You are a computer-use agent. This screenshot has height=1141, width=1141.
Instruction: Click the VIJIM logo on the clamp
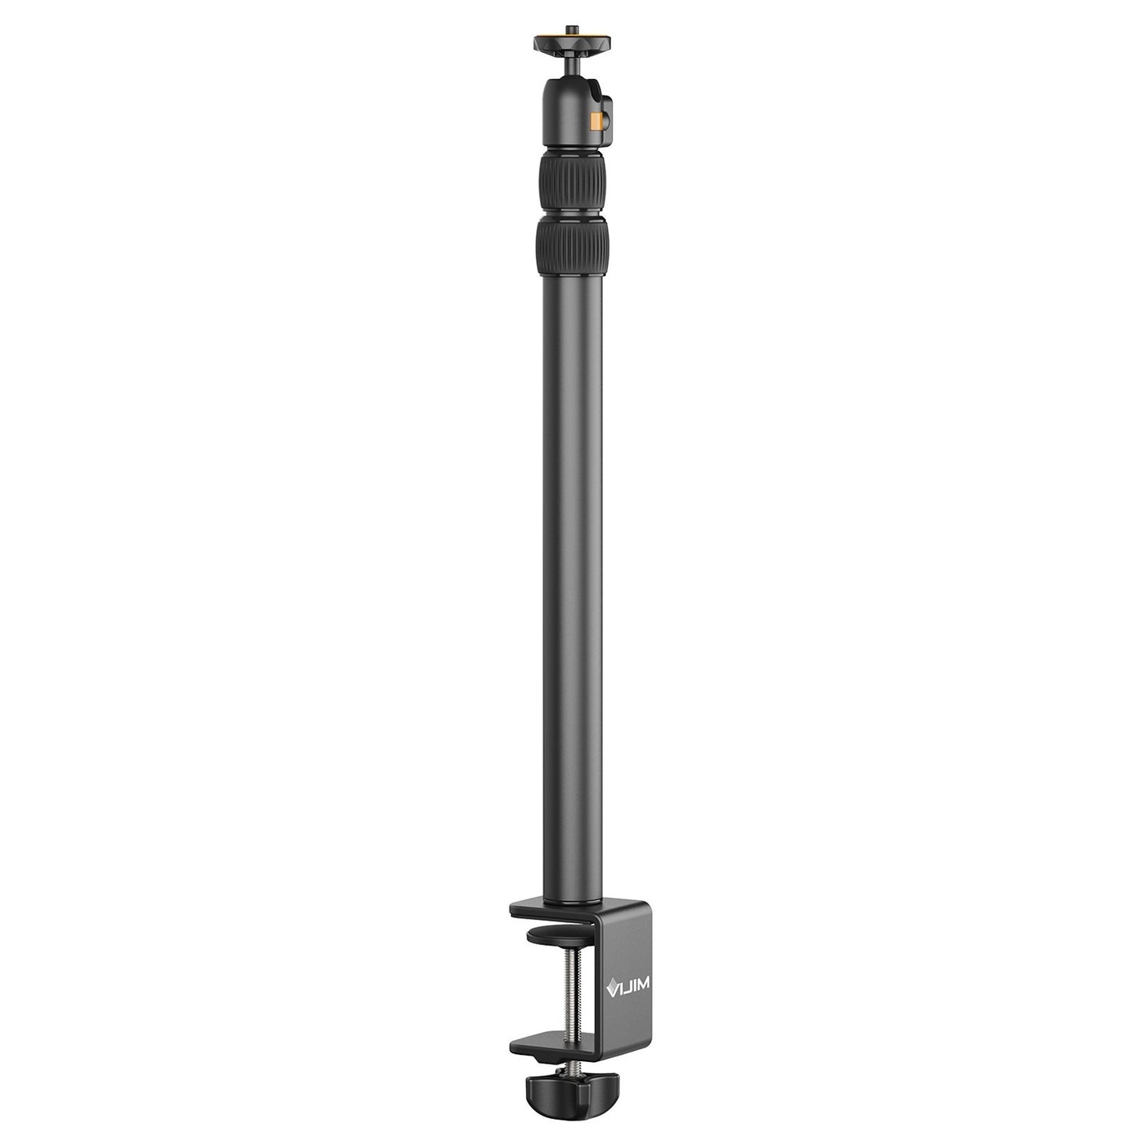627,986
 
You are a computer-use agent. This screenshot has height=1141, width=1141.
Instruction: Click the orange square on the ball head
596,121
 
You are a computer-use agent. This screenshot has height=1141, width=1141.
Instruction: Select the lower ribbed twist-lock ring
572,246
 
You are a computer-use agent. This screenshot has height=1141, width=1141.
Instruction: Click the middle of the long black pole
572,584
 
